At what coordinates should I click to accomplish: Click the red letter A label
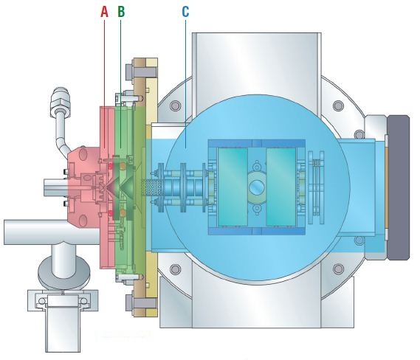click(105, 12)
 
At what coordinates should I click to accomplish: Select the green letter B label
click(121, 12)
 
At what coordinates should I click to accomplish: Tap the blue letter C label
click(185, 12)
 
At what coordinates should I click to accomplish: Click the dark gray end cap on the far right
click(399, 187)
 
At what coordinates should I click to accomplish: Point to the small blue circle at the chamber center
click(257, 187)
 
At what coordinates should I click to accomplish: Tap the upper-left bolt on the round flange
click(175, 105)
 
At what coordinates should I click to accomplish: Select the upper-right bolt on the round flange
click(339, 105)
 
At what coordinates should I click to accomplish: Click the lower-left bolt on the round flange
click(175, 269)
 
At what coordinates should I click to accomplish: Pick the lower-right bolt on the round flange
click(339, 269)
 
